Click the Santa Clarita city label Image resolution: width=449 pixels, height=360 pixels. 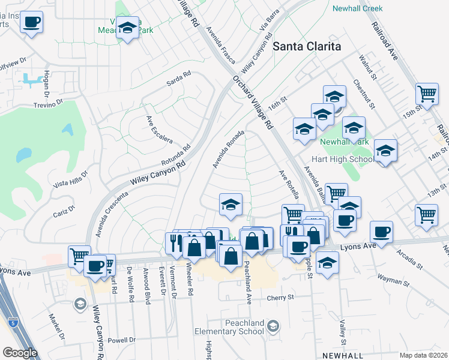(307, 46)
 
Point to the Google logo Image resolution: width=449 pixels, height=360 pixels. (20, 353)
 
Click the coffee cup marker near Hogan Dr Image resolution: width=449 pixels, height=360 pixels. (31, 23)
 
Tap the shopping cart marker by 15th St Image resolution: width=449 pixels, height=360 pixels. (427, 94)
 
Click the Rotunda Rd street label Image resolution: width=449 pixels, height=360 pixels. (175, 155)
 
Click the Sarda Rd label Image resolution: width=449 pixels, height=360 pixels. (178, 77)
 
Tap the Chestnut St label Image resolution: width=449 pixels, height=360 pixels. (364, 94)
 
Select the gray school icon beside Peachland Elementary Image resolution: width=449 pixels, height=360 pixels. (273, 326)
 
